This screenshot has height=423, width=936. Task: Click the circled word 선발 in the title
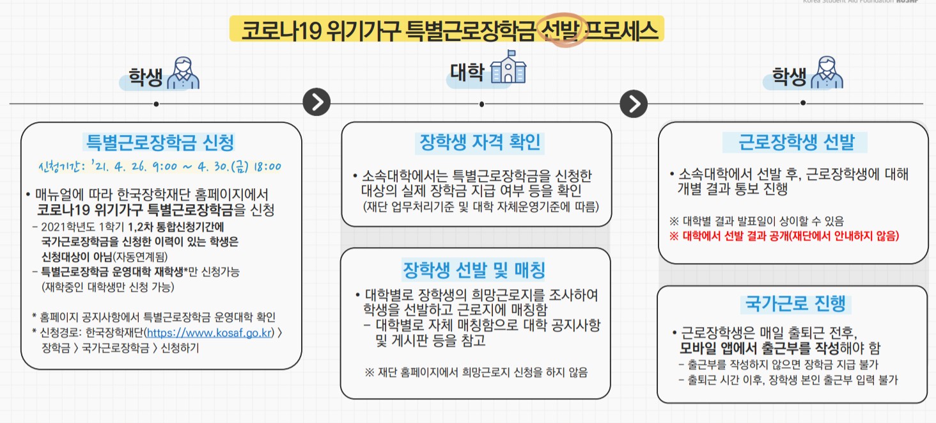561,30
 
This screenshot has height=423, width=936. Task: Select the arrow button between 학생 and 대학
316,102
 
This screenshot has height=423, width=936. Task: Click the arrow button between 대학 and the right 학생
634,103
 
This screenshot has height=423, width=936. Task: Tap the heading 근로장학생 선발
795,142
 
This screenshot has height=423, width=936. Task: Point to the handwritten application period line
159,168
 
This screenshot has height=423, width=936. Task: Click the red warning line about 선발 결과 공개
784,236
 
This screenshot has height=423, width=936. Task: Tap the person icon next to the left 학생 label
183,73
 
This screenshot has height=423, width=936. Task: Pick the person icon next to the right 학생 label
827,73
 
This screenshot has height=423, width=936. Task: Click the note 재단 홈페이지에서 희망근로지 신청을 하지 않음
476,372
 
